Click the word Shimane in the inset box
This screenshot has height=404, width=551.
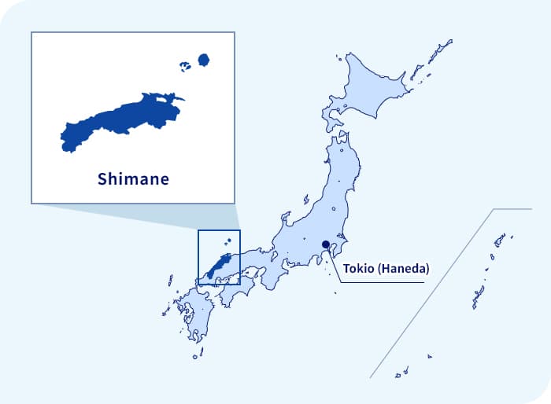coord(133,179)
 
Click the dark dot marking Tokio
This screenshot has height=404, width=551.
coord(326,244)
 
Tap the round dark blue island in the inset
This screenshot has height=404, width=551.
coord(204,60)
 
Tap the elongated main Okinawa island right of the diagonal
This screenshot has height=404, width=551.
coord(478,296)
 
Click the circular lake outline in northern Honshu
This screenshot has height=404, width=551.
coord(334,209)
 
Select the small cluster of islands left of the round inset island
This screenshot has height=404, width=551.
coord(185,66)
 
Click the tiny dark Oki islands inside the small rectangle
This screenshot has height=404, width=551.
coord(227,241)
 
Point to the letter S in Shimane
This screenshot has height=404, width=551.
coord(102,179)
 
